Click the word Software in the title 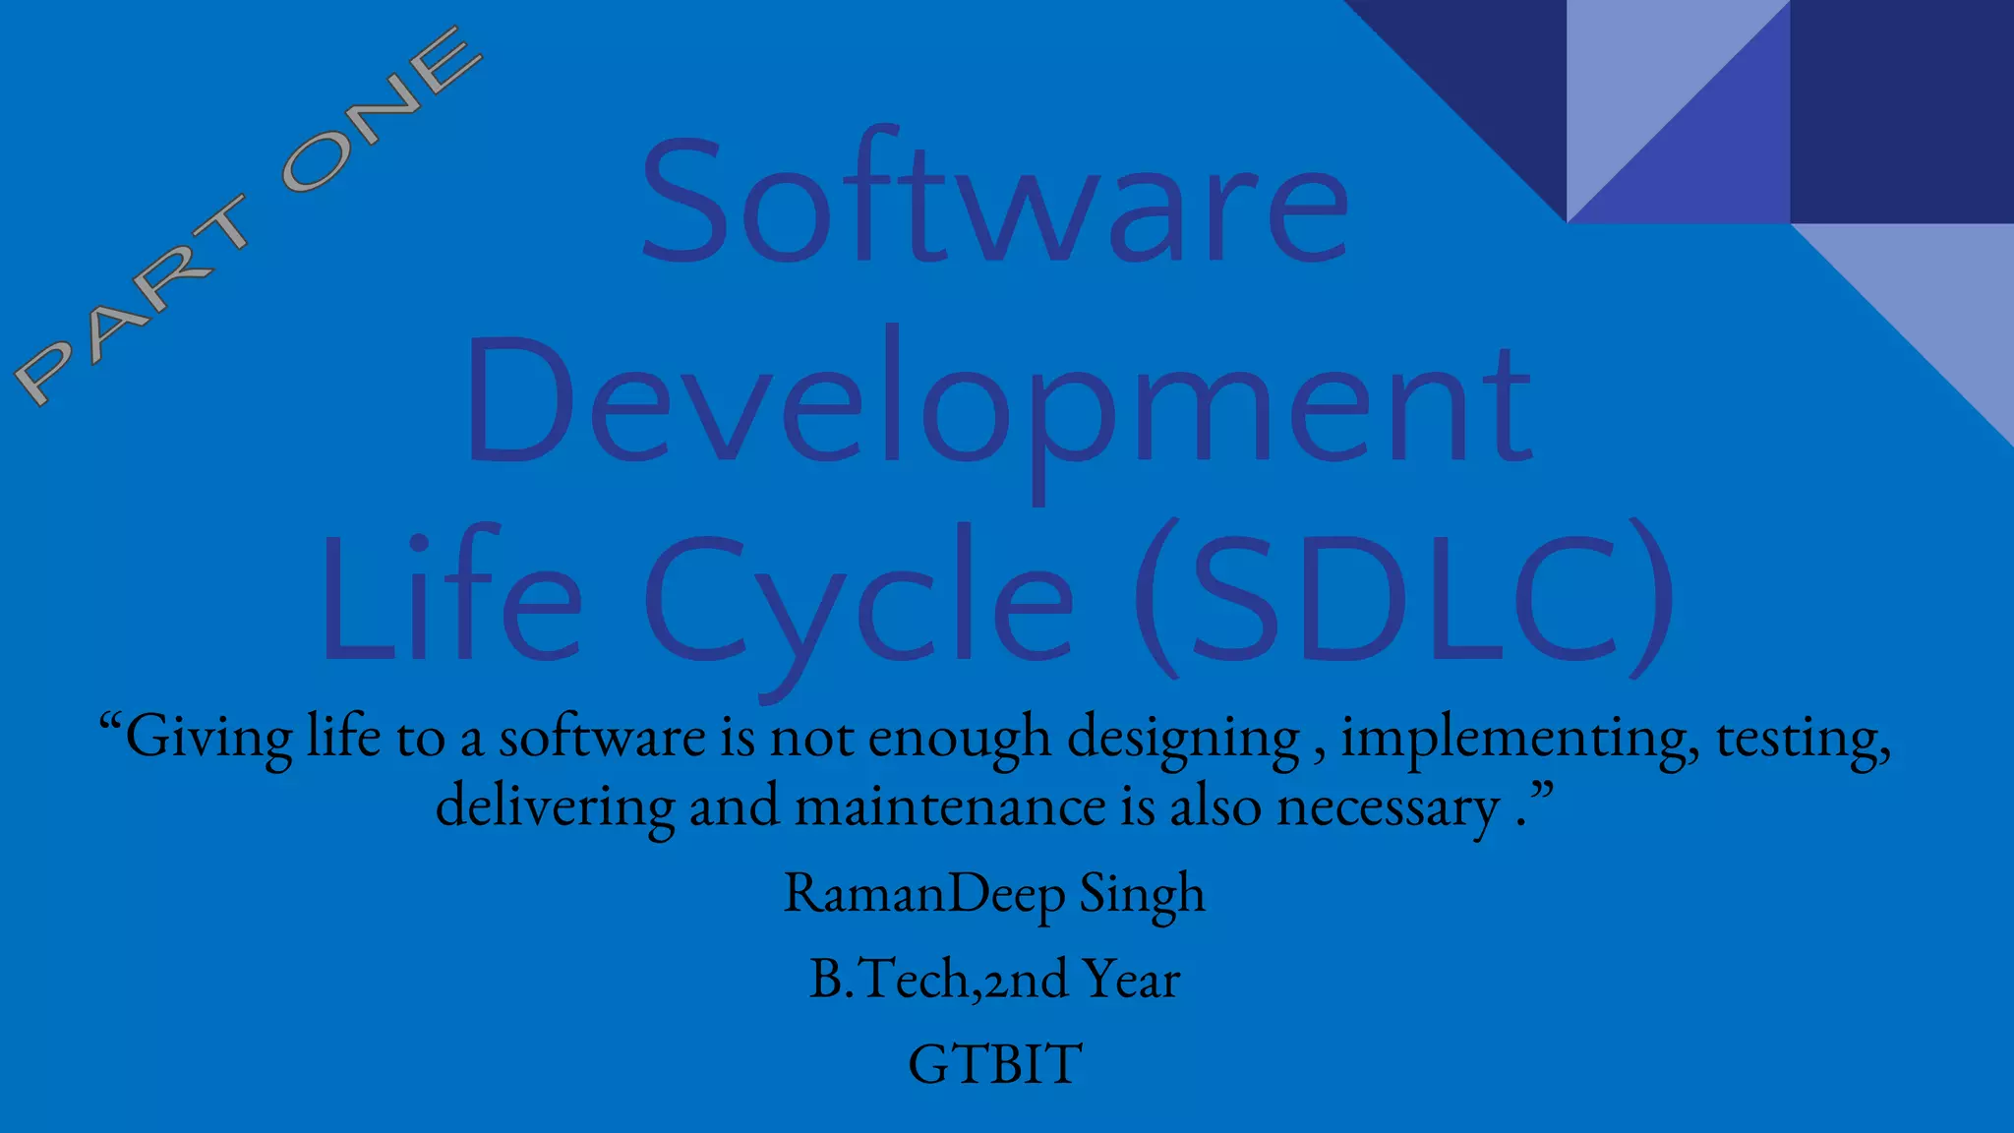tap(993, 202)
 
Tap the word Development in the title tap(998, 403)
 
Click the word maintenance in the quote tap(950, 806)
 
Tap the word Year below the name tap(1130, 980)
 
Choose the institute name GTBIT tap(994, 1064)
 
